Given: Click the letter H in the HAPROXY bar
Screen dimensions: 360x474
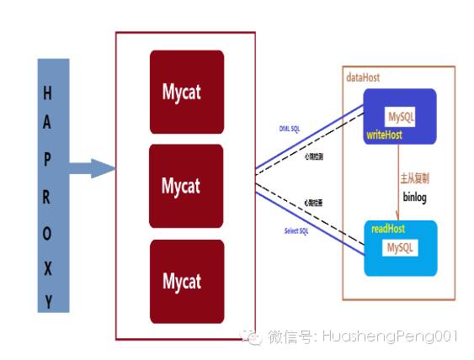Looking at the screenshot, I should [47, 93].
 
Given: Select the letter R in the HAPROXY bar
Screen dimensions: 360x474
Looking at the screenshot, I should [47, 200].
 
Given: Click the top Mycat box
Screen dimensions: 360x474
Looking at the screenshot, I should [187, 91].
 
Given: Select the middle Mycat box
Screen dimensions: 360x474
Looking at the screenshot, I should [187, 185].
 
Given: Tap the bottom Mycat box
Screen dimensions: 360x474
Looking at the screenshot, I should [187, 281].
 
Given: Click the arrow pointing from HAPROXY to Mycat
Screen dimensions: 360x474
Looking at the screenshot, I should [91, 168].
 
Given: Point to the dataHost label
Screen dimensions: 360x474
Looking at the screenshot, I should [363, 77].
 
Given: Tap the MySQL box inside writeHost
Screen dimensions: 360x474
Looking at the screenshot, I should [400, 116].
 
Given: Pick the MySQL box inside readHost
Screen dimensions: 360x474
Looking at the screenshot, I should [401, 248].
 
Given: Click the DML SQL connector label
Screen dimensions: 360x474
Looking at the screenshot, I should [295, 128].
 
